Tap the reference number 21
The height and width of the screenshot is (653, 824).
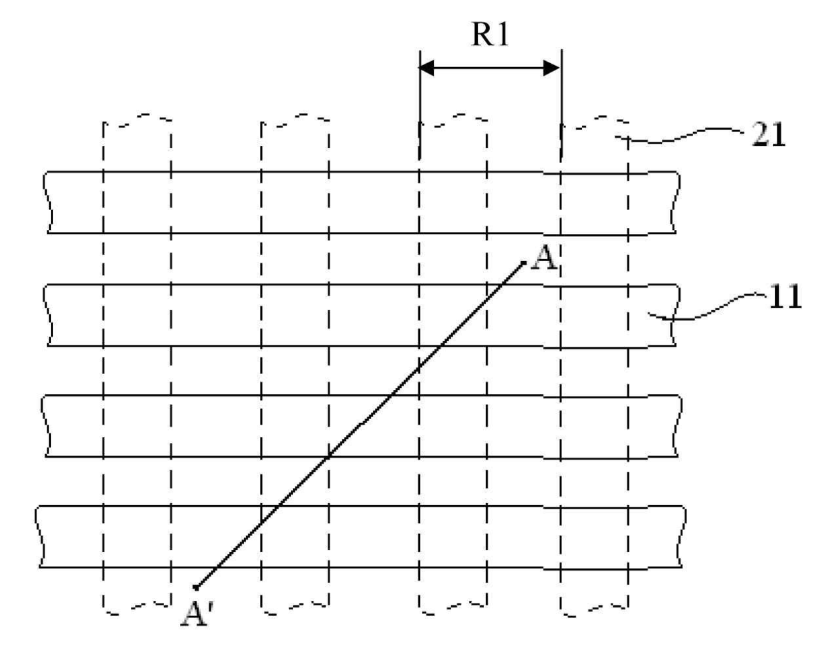[768, 134]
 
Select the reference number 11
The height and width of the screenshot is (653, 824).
[785, 296]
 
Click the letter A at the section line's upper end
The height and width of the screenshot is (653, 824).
[544, 258]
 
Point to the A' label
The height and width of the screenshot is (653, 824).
[195, 615]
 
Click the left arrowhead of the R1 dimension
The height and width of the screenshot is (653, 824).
[427, 68]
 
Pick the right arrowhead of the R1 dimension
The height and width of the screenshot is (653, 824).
[552, 68]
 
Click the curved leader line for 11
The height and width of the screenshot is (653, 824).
[706, 306]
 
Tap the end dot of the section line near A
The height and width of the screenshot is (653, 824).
[524, 263]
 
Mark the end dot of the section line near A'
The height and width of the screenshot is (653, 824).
[195, 587]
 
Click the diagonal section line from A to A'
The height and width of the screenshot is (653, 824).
[360, 425]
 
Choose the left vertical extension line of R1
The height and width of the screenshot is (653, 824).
[420, 104]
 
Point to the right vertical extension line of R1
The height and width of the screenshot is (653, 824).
[562, 104]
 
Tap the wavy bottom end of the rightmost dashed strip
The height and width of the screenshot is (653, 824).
[594, 611]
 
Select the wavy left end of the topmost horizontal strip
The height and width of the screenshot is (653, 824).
[48, 202]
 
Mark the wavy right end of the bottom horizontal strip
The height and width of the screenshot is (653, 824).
[682, 536]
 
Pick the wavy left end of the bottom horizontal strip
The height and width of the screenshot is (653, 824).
[40, 536]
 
